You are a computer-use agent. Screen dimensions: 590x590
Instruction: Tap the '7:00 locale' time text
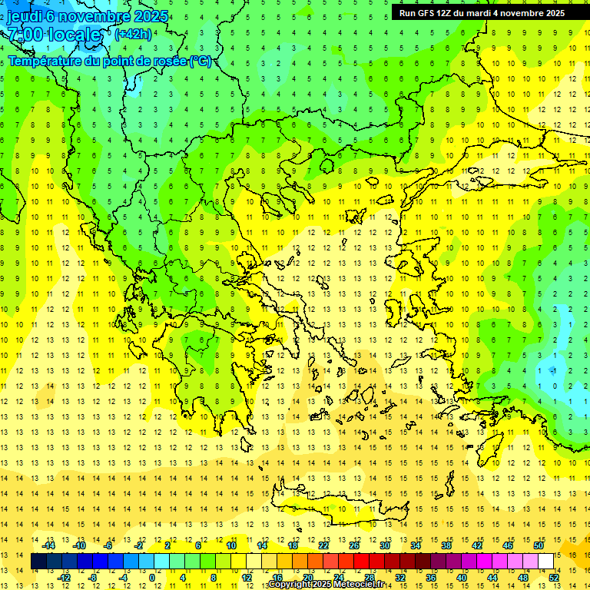(54, 35)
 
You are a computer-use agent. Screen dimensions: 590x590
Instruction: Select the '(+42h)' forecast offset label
(133, 34)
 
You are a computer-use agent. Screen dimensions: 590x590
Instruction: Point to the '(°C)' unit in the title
(201, 61)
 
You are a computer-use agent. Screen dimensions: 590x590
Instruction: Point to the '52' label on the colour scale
(554, 578)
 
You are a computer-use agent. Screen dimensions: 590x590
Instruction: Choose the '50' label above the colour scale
(539, 545)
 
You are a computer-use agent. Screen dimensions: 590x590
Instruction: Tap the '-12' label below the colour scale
(65, 578)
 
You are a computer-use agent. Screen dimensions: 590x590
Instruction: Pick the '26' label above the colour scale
(354, 545)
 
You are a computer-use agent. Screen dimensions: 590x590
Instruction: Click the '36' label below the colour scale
(431, 578)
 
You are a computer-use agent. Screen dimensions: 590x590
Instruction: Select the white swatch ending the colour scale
(546, 562)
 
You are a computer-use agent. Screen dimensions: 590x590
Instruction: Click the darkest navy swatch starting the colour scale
(38, 562)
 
